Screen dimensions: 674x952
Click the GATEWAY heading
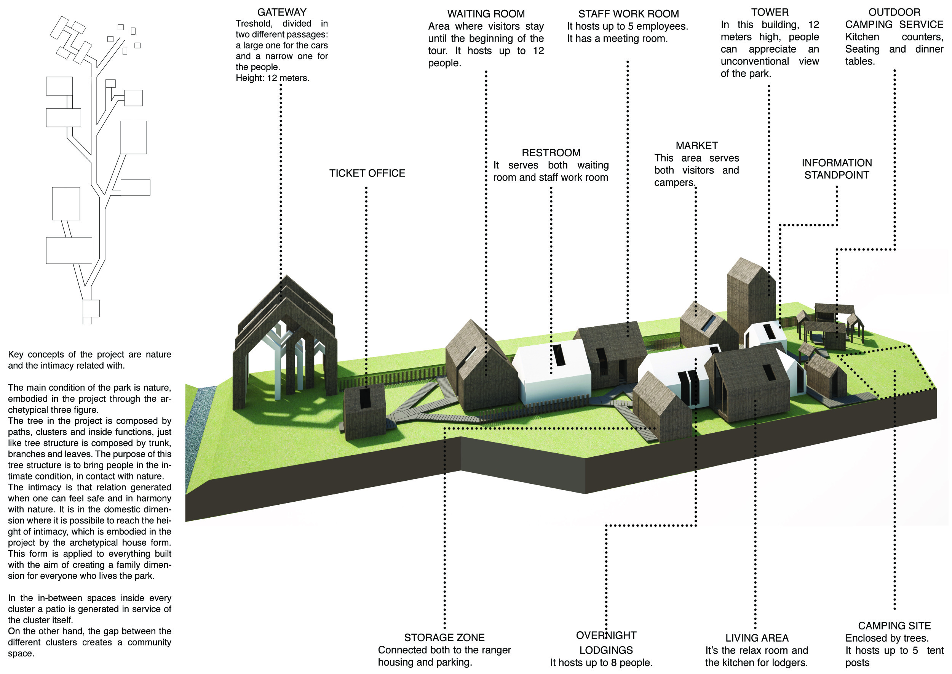click(281, 13)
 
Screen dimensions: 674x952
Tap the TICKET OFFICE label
click(367, 173)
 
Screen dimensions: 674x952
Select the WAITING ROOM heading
click(486, 14)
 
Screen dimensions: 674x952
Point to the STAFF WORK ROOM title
click(629, 14)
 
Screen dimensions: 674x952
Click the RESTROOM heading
click(551, 153)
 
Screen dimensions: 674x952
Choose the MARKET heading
click(696, 146)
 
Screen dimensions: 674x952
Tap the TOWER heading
click(770, 13)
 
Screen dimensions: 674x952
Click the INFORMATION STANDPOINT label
click(837, 169)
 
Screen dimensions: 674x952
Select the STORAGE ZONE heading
click(444, 637)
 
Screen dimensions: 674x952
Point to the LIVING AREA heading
click(757, 638)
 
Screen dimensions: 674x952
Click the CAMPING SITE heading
click(894, 626)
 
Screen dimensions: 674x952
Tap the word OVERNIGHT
click(606, 635)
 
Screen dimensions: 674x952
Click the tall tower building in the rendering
click(751, 299)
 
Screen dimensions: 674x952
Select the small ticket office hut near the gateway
click(365, 413)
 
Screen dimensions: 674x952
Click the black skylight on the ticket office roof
click(365, 398)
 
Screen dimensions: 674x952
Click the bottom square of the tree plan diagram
click(91, 308)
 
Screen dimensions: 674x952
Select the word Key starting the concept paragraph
click(16, 355)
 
